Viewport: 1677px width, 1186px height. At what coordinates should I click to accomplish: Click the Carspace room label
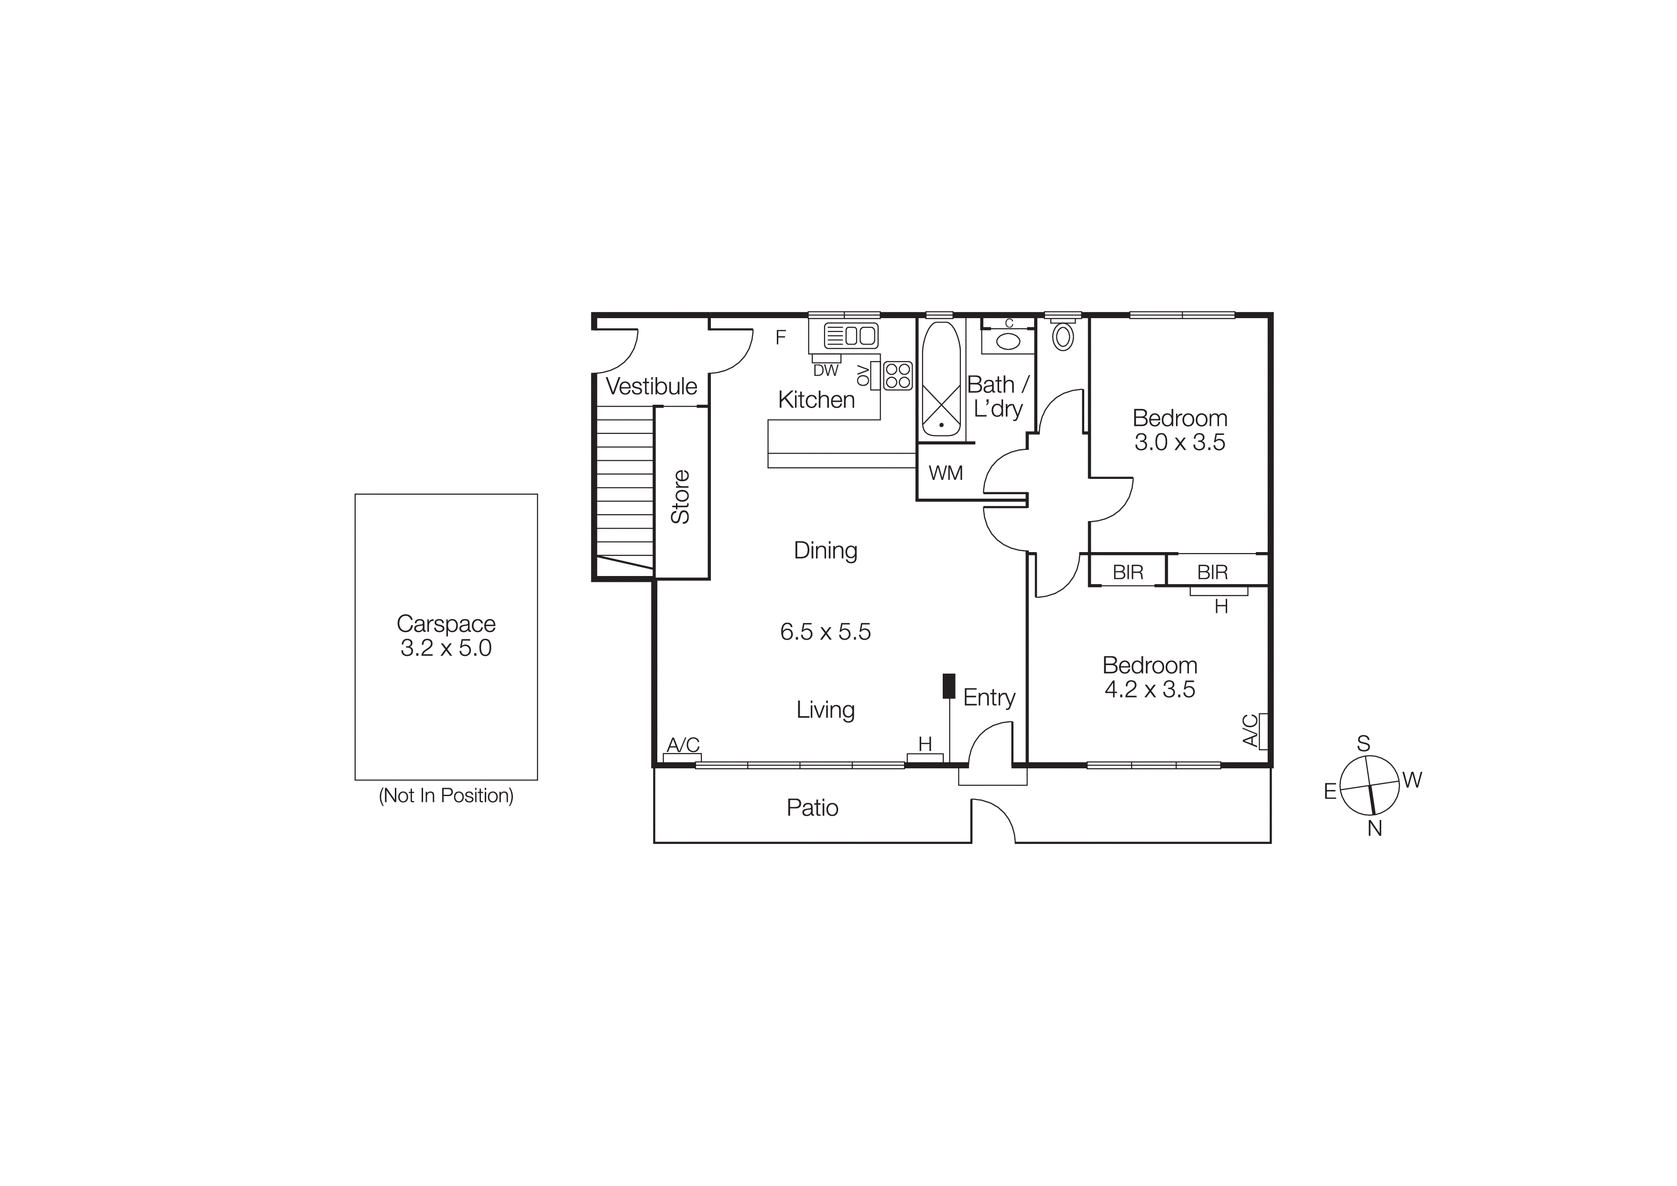pyautogui.click(x=446, y=623)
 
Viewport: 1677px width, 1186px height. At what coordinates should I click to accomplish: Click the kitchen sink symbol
pyautogui.click(x=850, y=335)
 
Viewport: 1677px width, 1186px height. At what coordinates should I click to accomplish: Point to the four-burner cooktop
pyautogui.click(x=898, y=376)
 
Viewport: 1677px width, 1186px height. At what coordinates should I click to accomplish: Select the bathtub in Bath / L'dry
pyautogui.click(x=941, y=379)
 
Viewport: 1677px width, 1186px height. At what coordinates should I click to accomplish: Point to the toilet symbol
pyautogui.click(x=1063, y=336)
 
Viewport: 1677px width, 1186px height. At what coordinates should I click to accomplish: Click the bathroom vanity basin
pyautogui.click(x=1008, y=341)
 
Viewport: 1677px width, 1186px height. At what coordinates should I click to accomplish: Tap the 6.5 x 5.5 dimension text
pyautogui.click(x=825, y=632)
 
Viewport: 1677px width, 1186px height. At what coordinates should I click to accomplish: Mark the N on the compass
pyautogui.click(x=1374, y=828)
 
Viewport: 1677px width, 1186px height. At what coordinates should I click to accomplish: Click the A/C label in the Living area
pyautogui.click(x=683, y=744)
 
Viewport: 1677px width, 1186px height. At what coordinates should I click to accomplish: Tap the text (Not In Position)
pyautogui.click(x=446, y=795)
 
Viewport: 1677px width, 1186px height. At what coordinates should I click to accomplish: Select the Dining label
pyautogui.click(x=825, y=550)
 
